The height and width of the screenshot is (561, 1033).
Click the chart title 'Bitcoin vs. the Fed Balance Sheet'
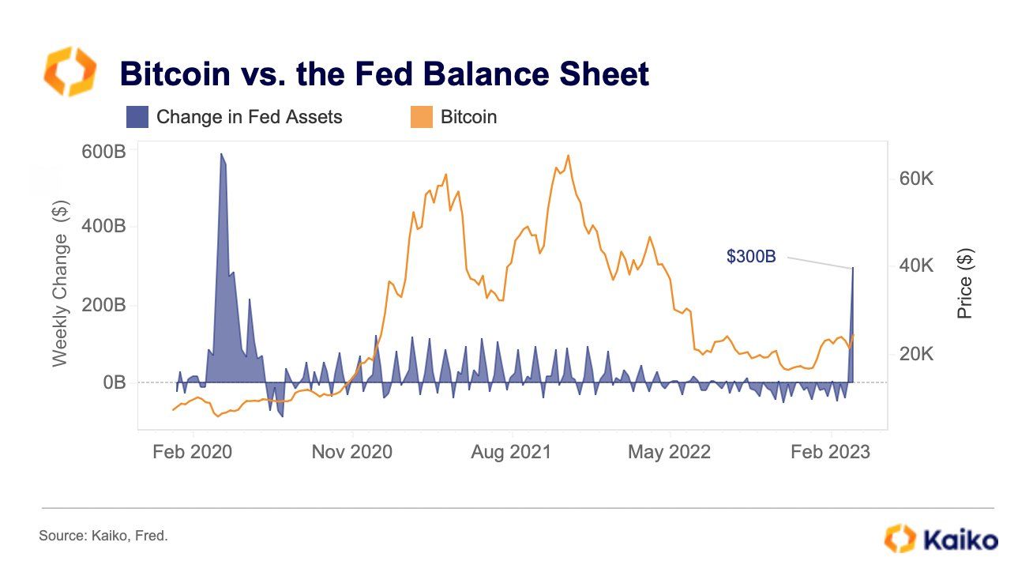click(x=384, y=73)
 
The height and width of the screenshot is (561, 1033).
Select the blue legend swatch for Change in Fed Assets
click(x=137, y=117)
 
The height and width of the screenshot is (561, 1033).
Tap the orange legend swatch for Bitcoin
click(x=421, y=117)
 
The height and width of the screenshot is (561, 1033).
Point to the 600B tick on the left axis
click(x=103, y=151)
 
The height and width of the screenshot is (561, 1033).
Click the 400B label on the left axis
click(x=103, y=227)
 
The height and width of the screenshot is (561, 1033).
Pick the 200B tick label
click(x=103, y=305)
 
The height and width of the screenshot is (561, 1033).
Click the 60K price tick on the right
click(x=916, y=179)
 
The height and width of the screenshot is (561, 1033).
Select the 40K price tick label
click(x=916, y=266)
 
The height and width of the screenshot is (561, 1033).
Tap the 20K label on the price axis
click(x=916, y=354)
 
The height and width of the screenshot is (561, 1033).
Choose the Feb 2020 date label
click(x=193, y=452)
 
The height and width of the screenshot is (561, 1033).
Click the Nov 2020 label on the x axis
click(x=351, y=452)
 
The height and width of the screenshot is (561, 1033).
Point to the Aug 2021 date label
click(x=511, y=452)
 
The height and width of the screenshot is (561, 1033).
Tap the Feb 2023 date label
click(x=831, y=452)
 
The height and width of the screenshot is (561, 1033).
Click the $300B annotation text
click(x=751, y=256)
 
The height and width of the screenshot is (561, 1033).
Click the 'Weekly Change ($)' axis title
click(x=61, y=284)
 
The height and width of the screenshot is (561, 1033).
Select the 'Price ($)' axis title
click(x=964, y=284)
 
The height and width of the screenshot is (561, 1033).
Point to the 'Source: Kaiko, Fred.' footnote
click(x=103, y=536)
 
